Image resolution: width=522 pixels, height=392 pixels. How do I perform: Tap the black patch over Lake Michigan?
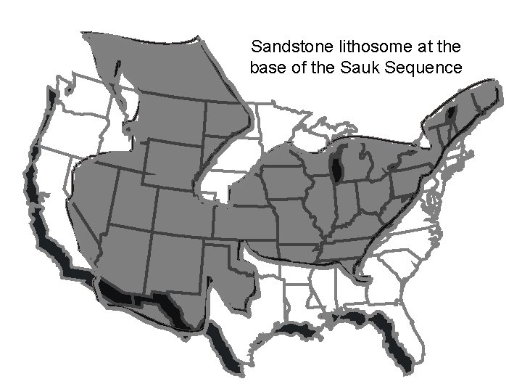(336, 167)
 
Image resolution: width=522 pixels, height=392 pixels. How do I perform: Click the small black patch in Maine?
(452, 113)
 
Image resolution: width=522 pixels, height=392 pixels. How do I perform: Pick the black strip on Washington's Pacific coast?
(51, 98)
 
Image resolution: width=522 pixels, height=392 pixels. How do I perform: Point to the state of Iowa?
(283, 181)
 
